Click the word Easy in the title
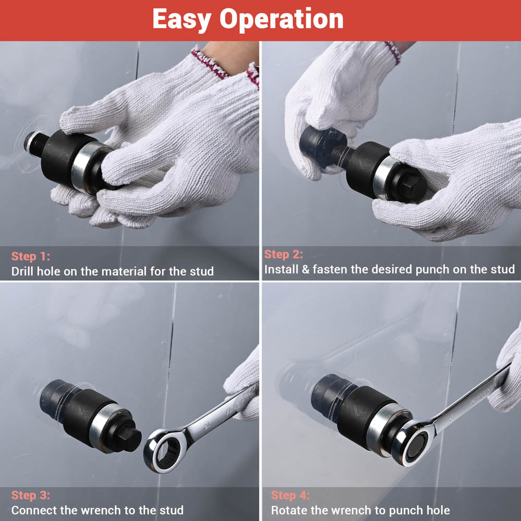(181, 20)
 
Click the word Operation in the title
(281, 20)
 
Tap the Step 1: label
(31, 256)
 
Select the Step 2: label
(283, 254)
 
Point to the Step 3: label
(31, 495)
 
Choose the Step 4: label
(290, 495)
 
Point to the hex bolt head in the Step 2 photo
(413, 188)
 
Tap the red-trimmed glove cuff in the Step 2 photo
(393, 53)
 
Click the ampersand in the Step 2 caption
(305, 269)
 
